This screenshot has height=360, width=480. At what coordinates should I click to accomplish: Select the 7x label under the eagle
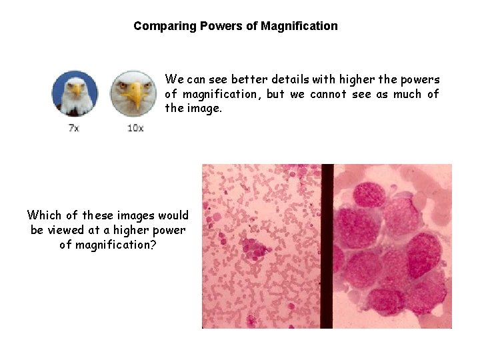coord(74,127)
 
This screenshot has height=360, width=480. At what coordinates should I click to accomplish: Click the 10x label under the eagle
coord(135,127)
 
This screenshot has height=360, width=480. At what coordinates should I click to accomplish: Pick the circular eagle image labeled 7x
coord(75,93)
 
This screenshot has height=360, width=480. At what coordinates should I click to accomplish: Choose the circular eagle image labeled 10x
coord(133,93)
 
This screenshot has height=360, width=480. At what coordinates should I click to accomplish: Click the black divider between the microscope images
coord(327,246)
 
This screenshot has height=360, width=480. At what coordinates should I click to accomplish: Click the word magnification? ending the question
coord(114,245)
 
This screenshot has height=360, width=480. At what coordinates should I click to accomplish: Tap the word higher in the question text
coord(131,230)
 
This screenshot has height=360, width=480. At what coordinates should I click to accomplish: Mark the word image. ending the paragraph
coord(204,108)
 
